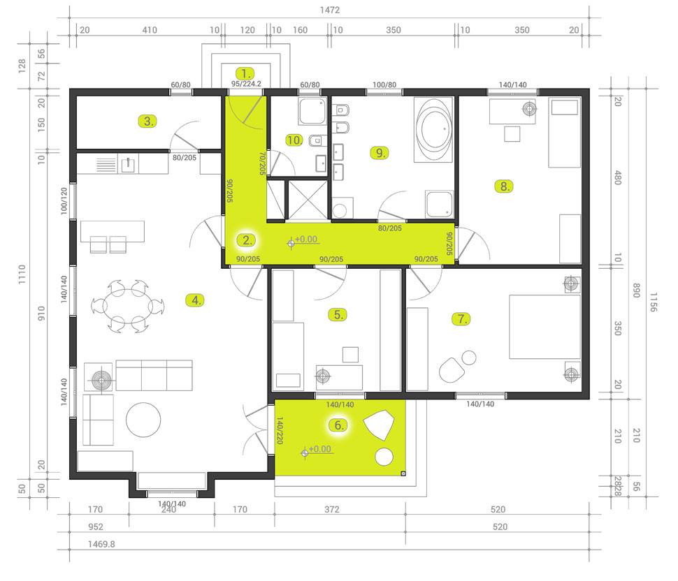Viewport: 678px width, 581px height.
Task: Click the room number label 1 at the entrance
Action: [x=245, y=73]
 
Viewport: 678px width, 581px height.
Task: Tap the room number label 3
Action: [x=147, y=122]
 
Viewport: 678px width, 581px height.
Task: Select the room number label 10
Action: [x=294, y=140]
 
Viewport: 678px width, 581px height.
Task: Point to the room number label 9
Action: [x=380, y=152]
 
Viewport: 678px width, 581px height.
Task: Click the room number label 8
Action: [x=504, y=186]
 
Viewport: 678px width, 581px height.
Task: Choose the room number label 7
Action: [x=461, y=319]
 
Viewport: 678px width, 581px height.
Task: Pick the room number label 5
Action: [x=338, y=314]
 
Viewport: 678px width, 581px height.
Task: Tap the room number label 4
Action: [x=196, y=300]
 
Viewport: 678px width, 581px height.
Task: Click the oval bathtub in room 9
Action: [x=433, y=129]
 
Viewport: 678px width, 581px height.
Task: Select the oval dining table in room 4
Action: [x=127, y=306]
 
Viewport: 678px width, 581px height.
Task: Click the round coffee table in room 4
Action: [x=143, y=420]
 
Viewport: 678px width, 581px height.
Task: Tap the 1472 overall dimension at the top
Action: [x=329, y=10]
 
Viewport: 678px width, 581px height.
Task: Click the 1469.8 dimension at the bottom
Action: [x=101, y=544]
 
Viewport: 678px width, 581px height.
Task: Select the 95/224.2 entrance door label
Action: [x=246, y=84]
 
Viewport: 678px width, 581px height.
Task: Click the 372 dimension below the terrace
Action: [x=331, y=509]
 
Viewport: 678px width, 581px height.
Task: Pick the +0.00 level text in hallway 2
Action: [x=306, y=240]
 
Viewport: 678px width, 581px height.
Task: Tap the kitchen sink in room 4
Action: [x=127, y=165]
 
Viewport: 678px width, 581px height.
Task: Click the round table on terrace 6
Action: [x=384, y=457]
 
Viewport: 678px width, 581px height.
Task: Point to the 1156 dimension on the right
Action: [x=653, y=302]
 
